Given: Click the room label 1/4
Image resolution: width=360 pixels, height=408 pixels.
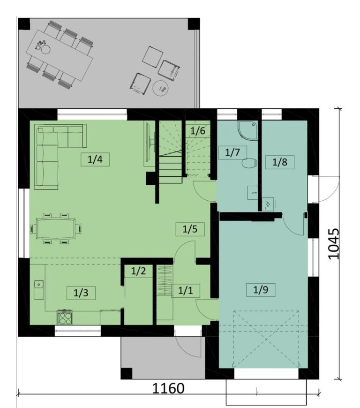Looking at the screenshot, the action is point(95,159).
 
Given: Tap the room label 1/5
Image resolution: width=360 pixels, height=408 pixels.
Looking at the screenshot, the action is point(190,229).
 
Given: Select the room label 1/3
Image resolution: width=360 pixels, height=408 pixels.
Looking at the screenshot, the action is point(81,293).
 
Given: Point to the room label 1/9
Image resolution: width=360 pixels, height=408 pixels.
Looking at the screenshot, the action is point(261,290).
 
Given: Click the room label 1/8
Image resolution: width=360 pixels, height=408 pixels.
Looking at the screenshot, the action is point(280,162).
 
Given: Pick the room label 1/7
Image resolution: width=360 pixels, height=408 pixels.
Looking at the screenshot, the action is point(232,152).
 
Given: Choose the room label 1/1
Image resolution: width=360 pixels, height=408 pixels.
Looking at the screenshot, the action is point(186,291).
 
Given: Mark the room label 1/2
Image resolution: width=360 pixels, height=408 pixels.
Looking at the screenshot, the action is point(138,271).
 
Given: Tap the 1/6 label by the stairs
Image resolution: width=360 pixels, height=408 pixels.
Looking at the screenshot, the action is point(198,131).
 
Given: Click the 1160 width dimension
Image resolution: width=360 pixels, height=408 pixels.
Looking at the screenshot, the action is point(168,388).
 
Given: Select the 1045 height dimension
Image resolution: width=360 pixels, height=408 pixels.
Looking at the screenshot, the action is point(333,244).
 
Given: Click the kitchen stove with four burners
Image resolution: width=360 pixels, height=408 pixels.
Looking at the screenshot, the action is point(65,317).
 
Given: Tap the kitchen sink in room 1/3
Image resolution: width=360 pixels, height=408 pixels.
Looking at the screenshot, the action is point(39,289).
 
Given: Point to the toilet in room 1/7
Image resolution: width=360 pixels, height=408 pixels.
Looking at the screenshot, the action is point(249,163).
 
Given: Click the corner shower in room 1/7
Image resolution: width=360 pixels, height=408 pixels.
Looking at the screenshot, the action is point(247,130).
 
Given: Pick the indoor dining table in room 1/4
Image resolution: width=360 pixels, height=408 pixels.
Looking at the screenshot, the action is point(56,229).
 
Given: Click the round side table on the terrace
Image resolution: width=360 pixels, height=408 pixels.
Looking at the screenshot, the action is point(161,89).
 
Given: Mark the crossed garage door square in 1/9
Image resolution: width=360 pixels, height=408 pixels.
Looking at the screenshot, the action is point(266,339).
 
